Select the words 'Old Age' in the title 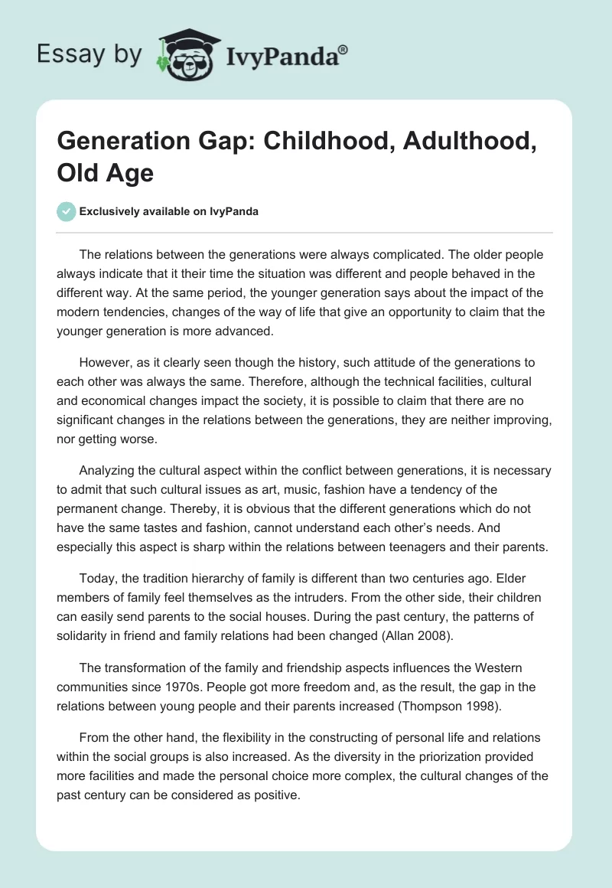point(106,172)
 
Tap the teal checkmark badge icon point(67,211)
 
